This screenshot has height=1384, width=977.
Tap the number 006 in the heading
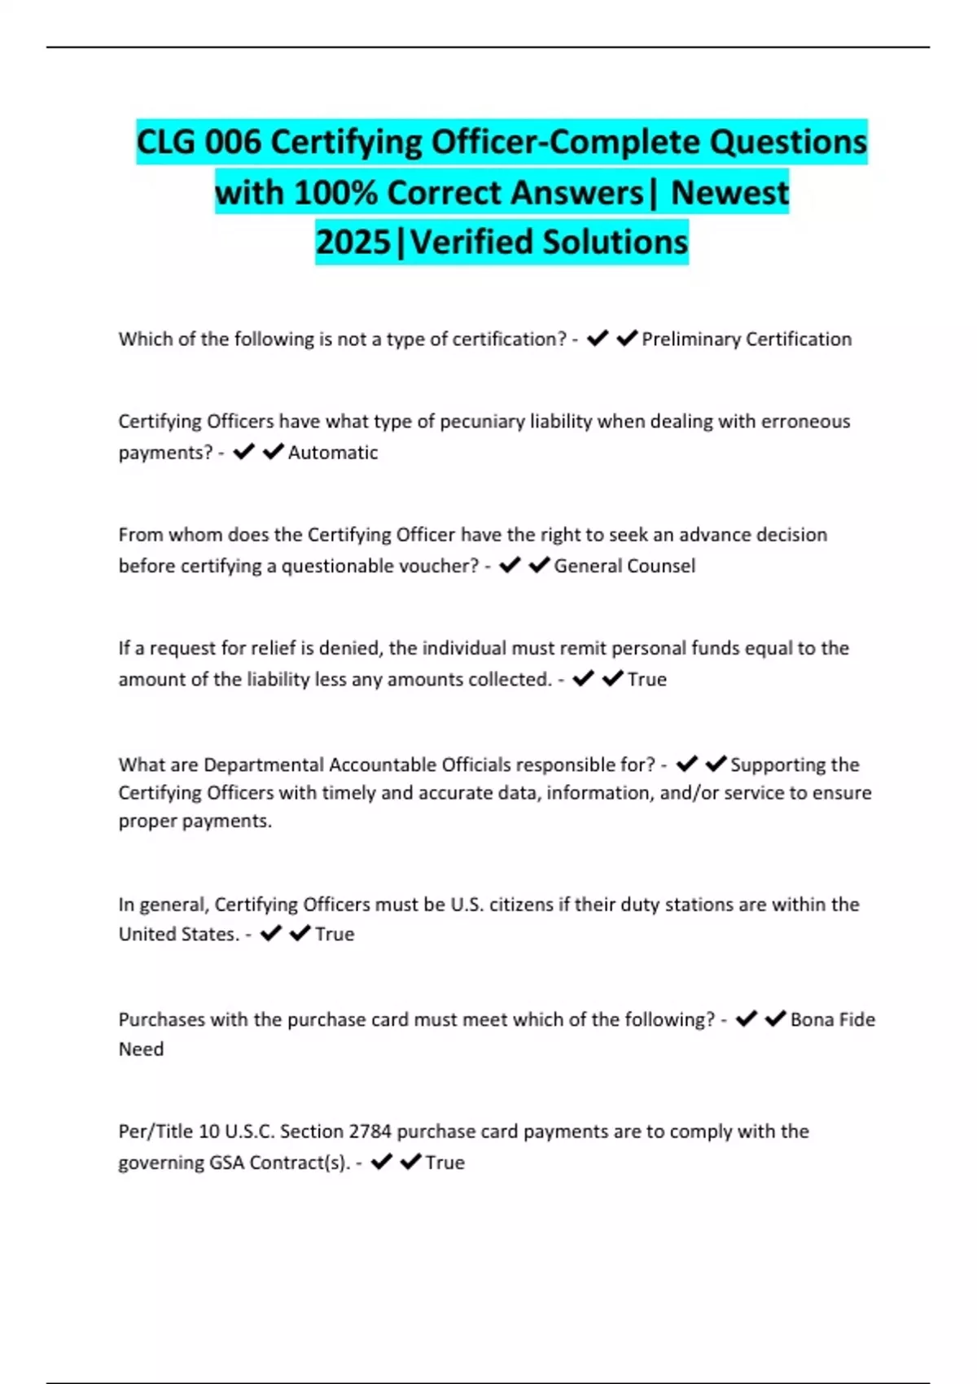pos(232,142)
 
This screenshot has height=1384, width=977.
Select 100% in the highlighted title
pos(335,193)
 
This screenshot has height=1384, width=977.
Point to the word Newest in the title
pos(729,193)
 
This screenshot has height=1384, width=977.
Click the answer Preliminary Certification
pos(747,339)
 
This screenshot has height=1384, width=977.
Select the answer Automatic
pos(333,453)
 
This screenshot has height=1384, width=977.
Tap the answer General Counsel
pos(624,566)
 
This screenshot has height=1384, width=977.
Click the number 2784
pos(370,1132)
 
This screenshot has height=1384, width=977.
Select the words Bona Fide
pos(832,1019)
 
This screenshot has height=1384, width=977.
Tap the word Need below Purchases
pos(141,1049)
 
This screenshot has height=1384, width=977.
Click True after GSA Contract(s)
pos(445,1163)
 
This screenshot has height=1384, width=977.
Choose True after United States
pos(335,935)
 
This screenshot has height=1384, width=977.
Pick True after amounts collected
pos(647,679)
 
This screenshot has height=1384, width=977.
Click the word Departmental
pos(263,764)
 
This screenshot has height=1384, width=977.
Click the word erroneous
pos(805,422)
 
